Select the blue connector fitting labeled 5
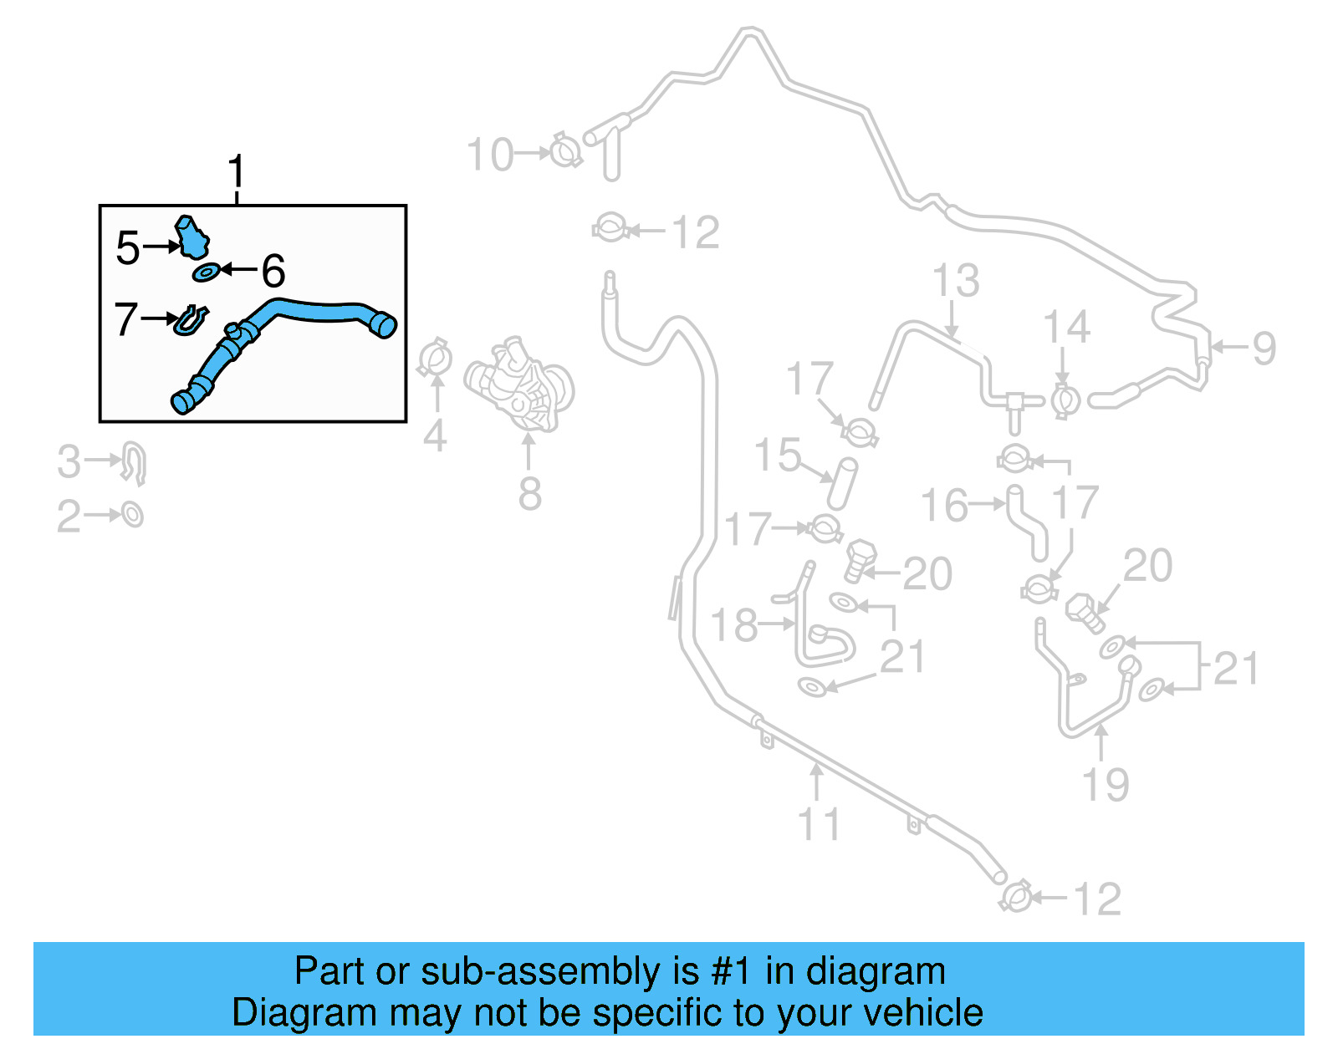(x=192, y=237)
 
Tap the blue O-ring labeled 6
(x=206, y=272)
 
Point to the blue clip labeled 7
(x=191, y=320)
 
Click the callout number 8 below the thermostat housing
(x=529, y=493)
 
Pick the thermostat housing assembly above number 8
(x=520, y=384)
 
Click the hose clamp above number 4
(x=435, y=359)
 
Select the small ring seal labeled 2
(x=132, y=514)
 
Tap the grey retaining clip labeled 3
(x=135, y=462)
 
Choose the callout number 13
(x=955, y=281)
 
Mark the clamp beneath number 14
(x=1065, y=400)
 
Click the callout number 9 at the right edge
(x=1264, y=348)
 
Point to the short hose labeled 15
(x=842, y=484)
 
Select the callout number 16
(x=944, y=505)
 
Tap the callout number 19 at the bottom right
(x=1105, y=783)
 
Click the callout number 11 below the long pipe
(x=819, y=824)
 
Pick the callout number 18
(x=733, y=624)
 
